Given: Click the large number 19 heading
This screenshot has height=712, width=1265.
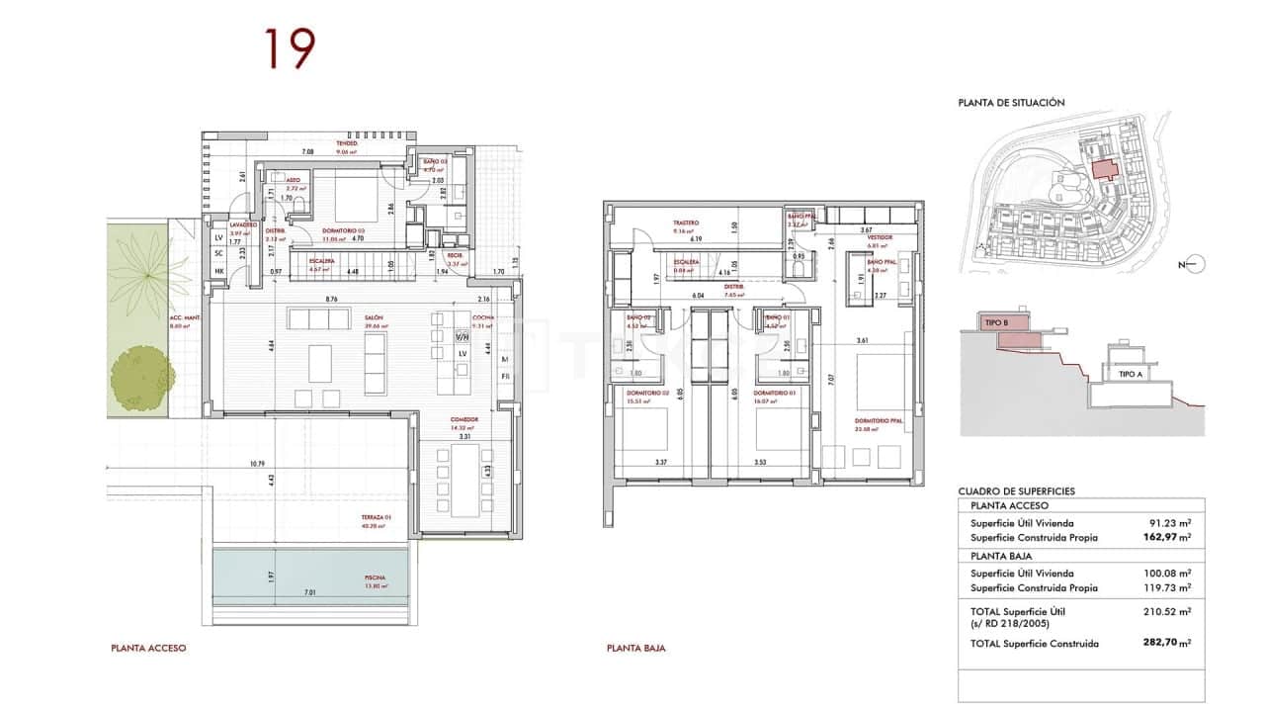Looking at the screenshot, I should tap(289, 49).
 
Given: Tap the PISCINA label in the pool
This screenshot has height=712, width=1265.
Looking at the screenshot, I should tap(374, 578).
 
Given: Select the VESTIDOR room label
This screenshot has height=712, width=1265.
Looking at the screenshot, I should tap(880, 238).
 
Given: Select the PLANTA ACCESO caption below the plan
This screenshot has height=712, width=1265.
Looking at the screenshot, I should tap(148, 649).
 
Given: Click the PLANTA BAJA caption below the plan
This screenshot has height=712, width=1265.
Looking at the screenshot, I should tap(635, 649).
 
